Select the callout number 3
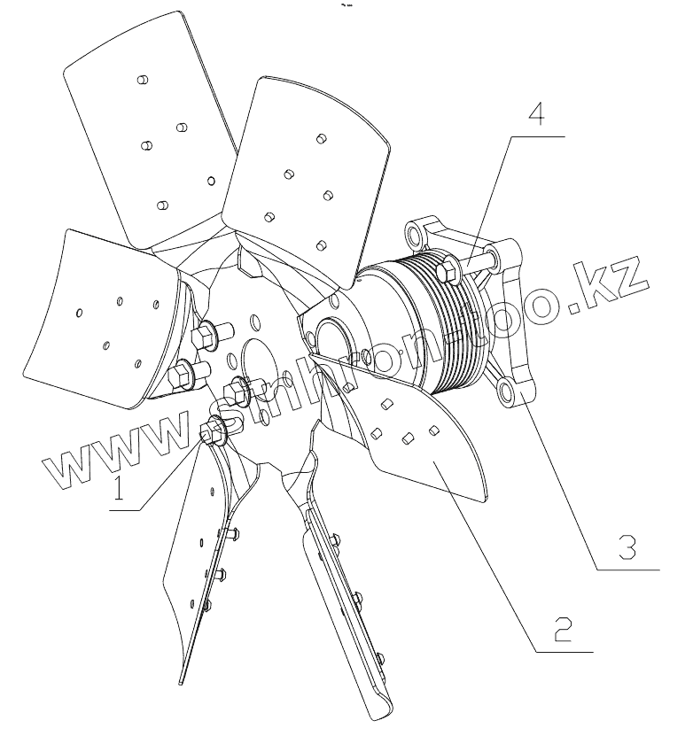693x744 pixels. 626,547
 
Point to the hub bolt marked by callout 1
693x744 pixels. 214,431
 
